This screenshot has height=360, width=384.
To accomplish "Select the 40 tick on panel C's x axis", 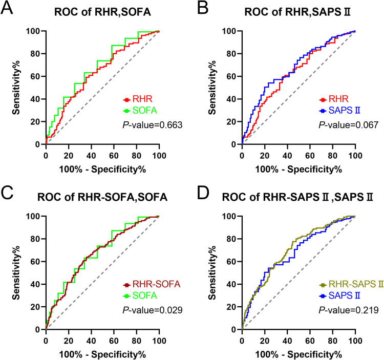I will click(x=91, y=340).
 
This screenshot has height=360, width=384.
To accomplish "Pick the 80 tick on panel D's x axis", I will click(x=332, y=340).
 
